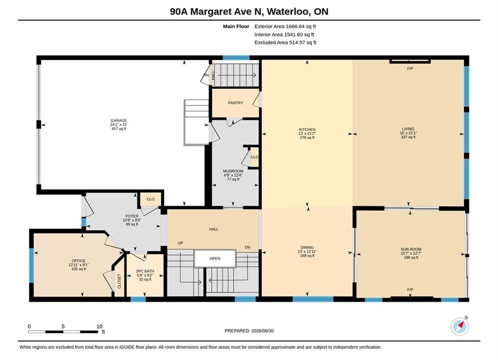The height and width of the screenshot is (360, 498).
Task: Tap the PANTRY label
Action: tap(235, 103)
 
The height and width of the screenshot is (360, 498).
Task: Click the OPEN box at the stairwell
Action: tap(215, 258)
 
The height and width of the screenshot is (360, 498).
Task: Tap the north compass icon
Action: tap(459, 326)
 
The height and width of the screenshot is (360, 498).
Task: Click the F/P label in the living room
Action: tap(410, 68)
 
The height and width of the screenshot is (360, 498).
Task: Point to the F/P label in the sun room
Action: tap(410, 289)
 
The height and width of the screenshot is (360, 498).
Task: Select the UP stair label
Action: tap(180, 243)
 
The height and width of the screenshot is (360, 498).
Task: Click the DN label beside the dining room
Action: tap(247, 247)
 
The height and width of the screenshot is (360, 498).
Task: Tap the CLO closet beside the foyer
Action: tap(151, 199)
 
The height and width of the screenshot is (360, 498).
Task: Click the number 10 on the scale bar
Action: tap(100, 326)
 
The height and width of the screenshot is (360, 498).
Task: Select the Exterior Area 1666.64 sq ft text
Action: tap(285, 26)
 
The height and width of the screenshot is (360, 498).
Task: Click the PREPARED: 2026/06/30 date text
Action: tap(249, 331)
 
